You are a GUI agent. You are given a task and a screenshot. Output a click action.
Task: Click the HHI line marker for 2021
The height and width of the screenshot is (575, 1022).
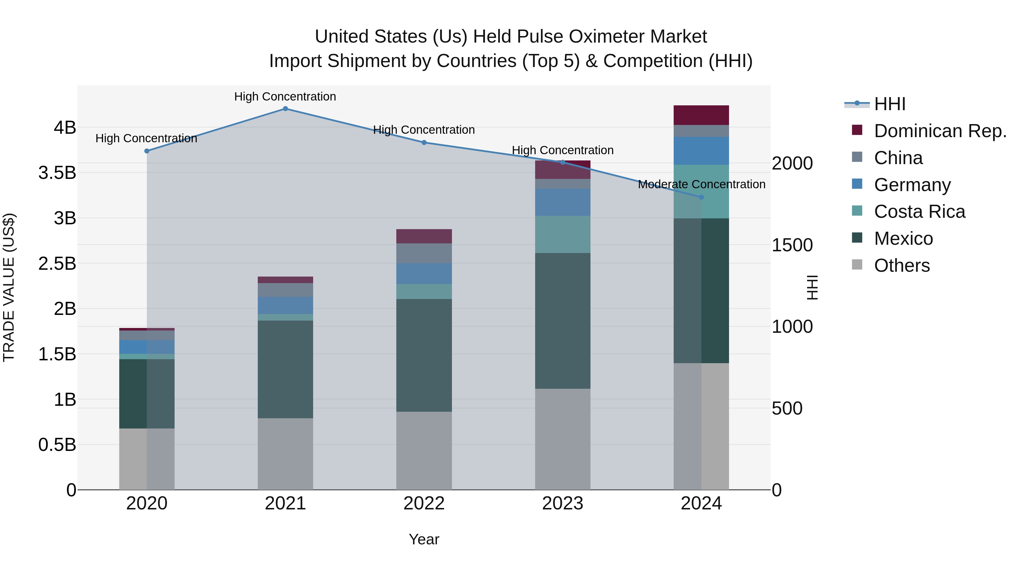285,109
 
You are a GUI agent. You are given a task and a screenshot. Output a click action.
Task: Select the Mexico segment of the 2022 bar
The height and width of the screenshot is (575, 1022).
424,355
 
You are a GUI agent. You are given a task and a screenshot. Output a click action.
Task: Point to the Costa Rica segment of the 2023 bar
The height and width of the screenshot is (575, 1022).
563,234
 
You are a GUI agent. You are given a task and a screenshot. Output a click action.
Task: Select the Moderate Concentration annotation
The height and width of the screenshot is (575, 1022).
701,185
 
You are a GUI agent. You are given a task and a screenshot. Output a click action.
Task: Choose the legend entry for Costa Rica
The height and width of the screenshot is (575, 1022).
919,212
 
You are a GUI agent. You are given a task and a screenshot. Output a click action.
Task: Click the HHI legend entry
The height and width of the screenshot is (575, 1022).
889,104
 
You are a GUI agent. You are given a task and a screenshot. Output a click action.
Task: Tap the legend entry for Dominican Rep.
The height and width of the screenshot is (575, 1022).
940,131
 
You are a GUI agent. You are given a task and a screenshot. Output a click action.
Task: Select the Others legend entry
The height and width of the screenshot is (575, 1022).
901,265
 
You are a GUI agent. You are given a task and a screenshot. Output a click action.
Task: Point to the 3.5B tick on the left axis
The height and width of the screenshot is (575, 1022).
57,173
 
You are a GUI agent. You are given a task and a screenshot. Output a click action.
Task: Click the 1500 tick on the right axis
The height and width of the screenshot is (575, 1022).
792,245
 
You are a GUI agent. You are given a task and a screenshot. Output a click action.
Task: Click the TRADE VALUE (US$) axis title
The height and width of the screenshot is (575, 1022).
9,287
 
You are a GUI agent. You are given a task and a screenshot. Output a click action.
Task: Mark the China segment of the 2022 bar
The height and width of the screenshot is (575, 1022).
424,253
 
